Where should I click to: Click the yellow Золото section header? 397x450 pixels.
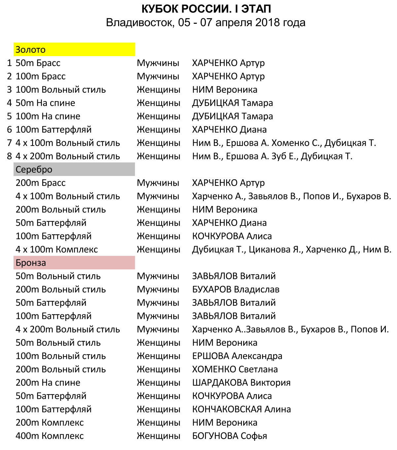click(74, 50)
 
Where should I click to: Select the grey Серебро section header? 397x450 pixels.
click(74, 169)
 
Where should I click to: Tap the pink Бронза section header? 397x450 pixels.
click(74, 263)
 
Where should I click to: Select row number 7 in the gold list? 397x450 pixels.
click(10, 143)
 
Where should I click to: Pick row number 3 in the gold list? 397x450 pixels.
click(10, 90)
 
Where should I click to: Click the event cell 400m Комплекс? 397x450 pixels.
click(50, 436)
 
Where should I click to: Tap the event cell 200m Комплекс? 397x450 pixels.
click(50, 423)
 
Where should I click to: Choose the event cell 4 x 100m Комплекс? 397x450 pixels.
click(57, 250)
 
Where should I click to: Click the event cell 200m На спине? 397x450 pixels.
click(48, 383)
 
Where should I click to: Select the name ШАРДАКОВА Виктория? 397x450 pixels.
click(241, 383)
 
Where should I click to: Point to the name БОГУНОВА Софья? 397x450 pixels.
click(229, 436)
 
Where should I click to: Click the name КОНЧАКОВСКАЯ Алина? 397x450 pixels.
click(242, 409)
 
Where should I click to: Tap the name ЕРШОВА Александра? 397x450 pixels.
click(237, 356)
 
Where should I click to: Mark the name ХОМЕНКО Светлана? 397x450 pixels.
click(235, 369)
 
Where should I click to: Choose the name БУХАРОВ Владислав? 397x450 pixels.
click(236, 290)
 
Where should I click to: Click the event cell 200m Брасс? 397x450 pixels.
click(41, 183)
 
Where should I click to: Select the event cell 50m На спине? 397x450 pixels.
click(45, 103)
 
